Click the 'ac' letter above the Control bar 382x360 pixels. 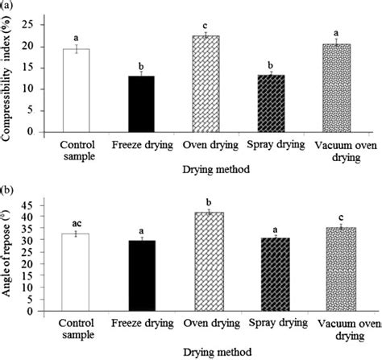coord(77,221)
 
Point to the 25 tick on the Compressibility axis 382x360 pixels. coord(38,25)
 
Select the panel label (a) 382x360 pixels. coord(7,6)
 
